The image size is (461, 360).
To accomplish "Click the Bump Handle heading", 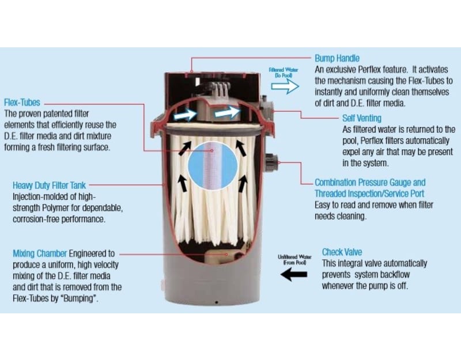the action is point(337,58).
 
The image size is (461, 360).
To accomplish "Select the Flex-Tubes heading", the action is point(22,103).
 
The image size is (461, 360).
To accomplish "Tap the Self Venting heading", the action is point(362,118).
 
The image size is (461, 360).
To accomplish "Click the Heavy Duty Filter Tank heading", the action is point(49,185).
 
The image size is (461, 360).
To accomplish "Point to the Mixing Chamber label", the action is point(40,253).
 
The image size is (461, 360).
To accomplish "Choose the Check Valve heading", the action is point(342,252).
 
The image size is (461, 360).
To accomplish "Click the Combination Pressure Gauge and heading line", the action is point(370,183).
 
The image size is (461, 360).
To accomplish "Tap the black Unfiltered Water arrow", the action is point(294,275).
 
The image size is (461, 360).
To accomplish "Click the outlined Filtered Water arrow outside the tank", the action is point(285,86).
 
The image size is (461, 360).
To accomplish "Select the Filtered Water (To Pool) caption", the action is point(284,73).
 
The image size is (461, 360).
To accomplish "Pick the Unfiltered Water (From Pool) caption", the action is point(294,260).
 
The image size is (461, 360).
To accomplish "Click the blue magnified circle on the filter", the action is point(213,165).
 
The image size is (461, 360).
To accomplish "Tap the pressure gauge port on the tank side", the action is point(270,163).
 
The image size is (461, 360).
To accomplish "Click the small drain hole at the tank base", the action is point(217,302).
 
